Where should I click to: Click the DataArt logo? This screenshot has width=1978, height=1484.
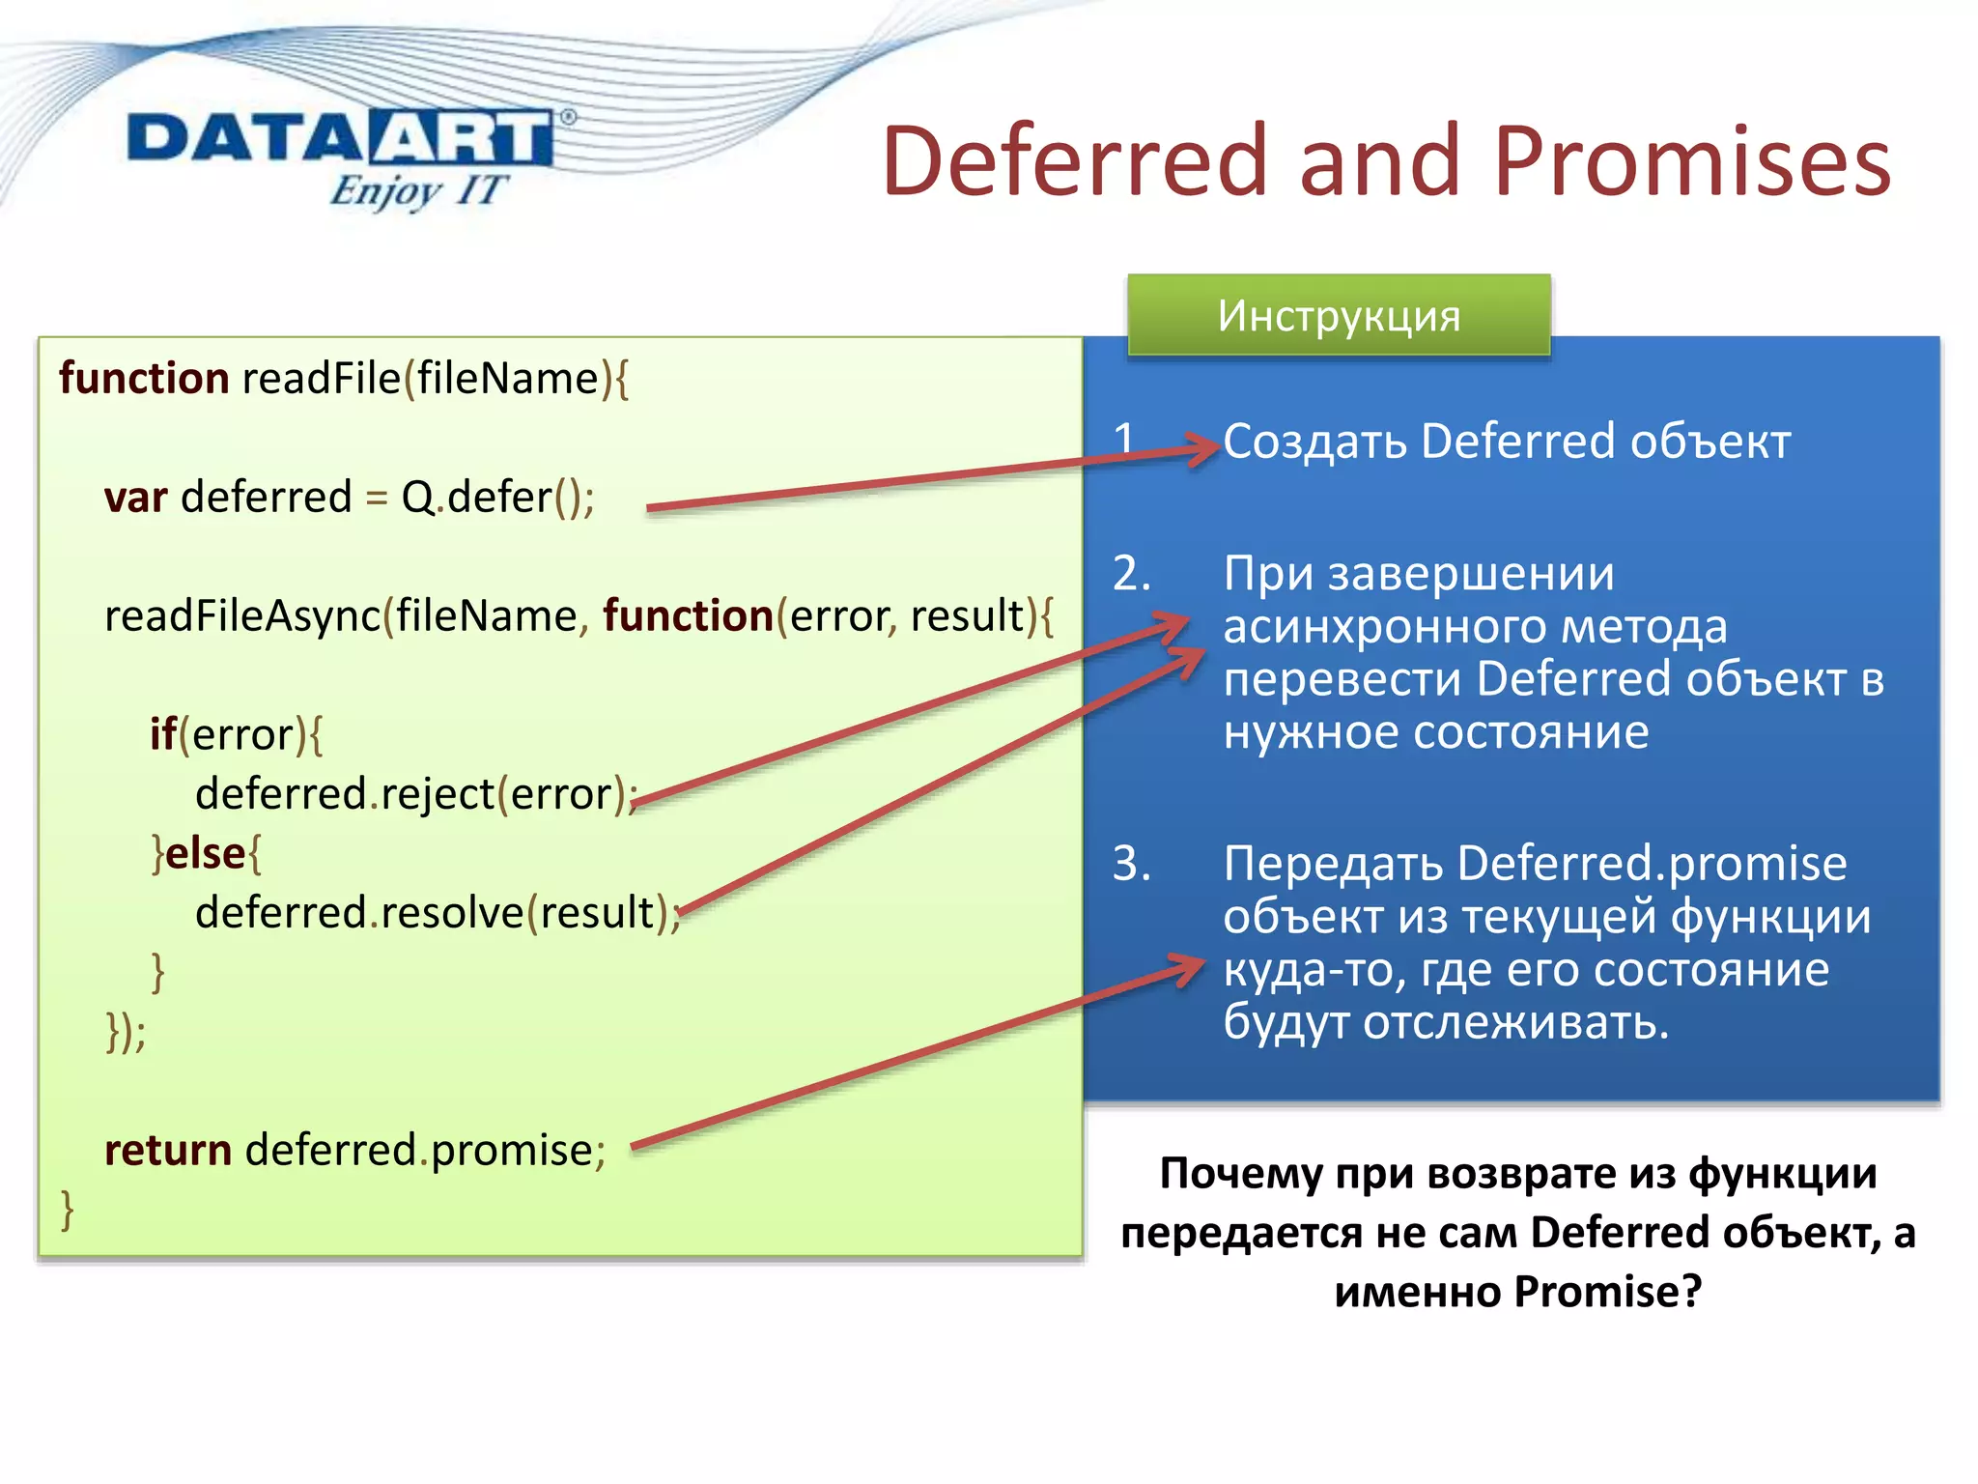click(340, 138)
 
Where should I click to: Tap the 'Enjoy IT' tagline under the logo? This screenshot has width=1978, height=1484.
click(417, 190)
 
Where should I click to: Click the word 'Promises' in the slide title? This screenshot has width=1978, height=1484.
click(1691, 161)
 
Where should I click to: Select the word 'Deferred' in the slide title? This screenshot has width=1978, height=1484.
click(1073, 161)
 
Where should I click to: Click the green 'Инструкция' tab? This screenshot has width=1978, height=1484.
click(1339, 316)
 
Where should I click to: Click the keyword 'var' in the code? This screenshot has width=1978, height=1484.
click(135, 498)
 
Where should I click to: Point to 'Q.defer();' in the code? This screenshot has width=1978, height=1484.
click(497, 498)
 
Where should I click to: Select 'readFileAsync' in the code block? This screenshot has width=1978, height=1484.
click(241, 616)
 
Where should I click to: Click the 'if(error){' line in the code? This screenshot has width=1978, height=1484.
click(236, 735)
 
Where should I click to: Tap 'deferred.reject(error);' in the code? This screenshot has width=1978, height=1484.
click(415, 794)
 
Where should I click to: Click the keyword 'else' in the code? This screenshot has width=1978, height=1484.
click(206, 854)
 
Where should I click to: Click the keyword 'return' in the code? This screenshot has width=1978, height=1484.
click(167, 1151)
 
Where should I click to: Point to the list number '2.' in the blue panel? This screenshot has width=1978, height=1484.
click(1131, 574)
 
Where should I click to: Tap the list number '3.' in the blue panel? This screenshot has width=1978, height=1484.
click(1131, 863)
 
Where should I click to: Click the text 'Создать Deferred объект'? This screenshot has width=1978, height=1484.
click(1507, 442)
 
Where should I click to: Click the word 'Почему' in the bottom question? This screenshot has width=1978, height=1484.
click(1240, 1174)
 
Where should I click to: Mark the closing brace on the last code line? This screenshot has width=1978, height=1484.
click(67, 1209)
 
